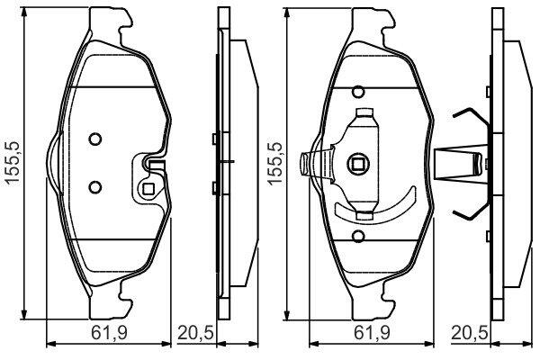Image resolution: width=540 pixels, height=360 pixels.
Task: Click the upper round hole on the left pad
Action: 95,139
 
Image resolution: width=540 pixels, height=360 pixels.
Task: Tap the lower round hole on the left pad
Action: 95,187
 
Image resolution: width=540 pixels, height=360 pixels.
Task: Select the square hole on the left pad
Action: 148,189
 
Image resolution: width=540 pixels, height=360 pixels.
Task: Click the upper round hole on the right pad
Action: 358,92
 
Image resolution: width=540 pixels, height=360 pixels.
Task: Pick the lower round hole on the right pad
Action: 358,236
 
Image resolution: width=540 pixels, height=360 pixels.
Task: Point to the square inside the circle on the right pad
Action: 358,164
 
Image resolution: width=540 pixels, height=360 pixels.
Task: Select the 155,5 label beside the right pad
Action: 275,163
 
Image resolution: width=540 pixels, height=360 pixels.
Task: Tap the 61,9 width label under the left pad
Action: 109,334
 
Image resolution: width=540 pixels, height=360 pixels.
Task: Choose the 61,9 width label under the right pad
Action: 372,334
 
